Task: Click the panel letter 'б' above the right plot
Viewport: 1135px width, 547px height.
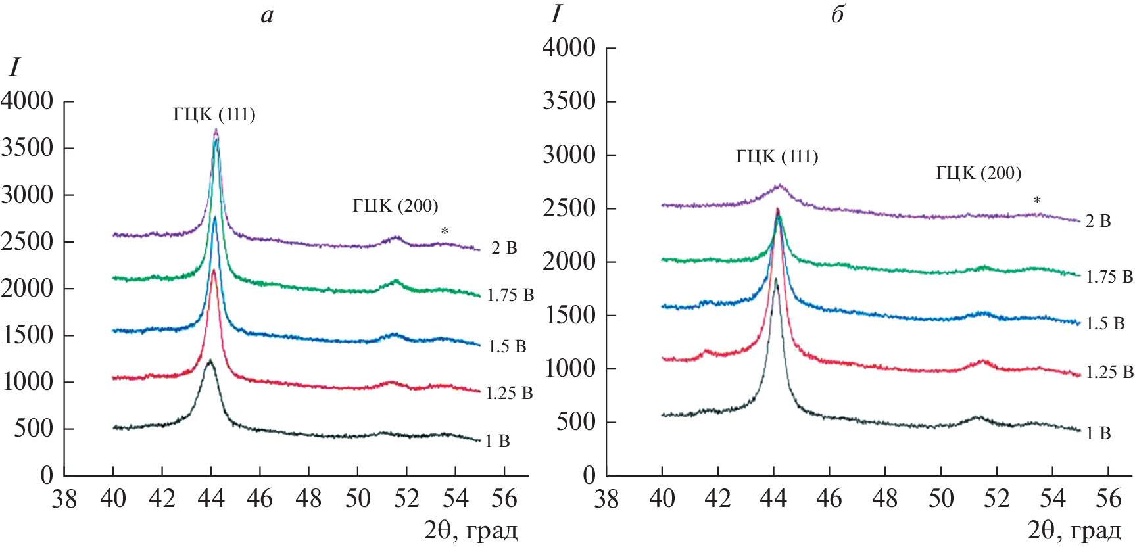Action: click(837, 14)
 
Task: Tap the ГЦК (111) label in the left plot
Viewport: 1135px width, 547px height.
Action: click(214, 115)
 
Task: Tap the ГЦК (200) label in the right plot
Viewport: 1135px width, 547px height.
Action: click(978, 173)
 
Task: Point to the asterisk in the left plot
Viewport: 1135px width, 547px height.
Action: click(445, 231)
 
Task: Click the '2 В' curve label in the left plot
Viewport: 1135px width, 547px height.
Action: click(504, 248)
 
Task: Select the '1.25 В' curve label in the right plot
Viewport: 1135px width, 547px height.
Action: click(1109, 372)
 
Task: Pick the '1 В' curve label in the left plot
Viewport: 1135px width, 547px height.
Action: click(498, 441)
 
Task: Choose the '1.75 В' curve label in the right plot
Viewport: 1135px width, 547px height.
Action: click(1109, 277)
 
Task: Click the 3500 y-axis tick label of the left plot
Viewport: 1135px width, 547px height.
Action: click(28, 148)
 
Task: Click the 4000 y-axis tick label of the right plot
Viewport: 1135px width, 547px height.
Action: click(569, 48)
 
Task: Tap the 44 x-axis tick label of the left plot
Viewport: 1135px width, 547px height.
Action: click(211, 499)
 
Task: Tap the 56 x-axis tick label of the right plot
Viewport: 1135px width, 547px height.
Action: click(1108, 499)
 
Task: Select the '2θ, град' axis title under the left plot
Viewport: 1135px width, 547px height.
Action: click(470, 530)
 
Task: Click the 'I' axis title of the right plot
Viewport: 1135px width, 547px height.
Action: click(556, 14)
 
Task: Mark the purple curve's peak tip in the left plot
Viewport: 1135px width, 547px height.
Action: click(216, 130)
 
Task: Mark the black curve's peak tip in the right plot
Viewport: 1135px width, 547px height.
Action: click(776, 279)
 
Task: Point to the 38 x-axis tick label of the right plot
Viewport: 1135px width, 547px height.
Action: click(606, 499)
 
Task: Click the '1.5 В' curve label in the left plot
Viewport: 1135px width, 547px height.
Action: click(507, 346)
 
